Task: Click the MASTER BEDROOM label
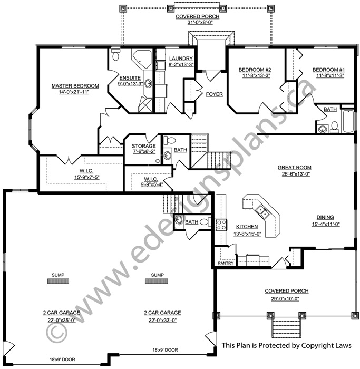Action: coord(75,86)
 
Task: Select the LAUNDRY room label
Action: coord(181,59)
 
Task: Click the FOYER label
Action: coord(214,94)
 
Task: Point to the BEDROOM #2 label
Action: coord(255,70)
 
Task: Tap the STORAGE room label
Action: coord(143,146)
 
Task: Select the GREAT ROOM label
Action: coord(294,168)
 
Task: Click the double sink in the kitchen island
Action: coord(263,211)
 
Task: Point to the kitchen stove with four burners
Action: coord(221,225)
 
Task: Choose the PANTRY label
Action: coord(226,263)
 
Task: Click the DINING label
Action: coord(325,217)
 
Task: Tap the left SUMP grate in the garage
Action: coord(58,281)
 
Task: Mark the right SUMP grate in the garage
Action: coord(157,281)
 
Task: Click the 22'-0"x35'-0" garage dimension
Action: coord(61,321)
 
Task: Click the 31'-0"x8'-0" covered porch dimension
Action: coord(200,23)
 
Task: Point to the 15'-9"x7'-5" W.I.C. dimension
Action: coord(87,178)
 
